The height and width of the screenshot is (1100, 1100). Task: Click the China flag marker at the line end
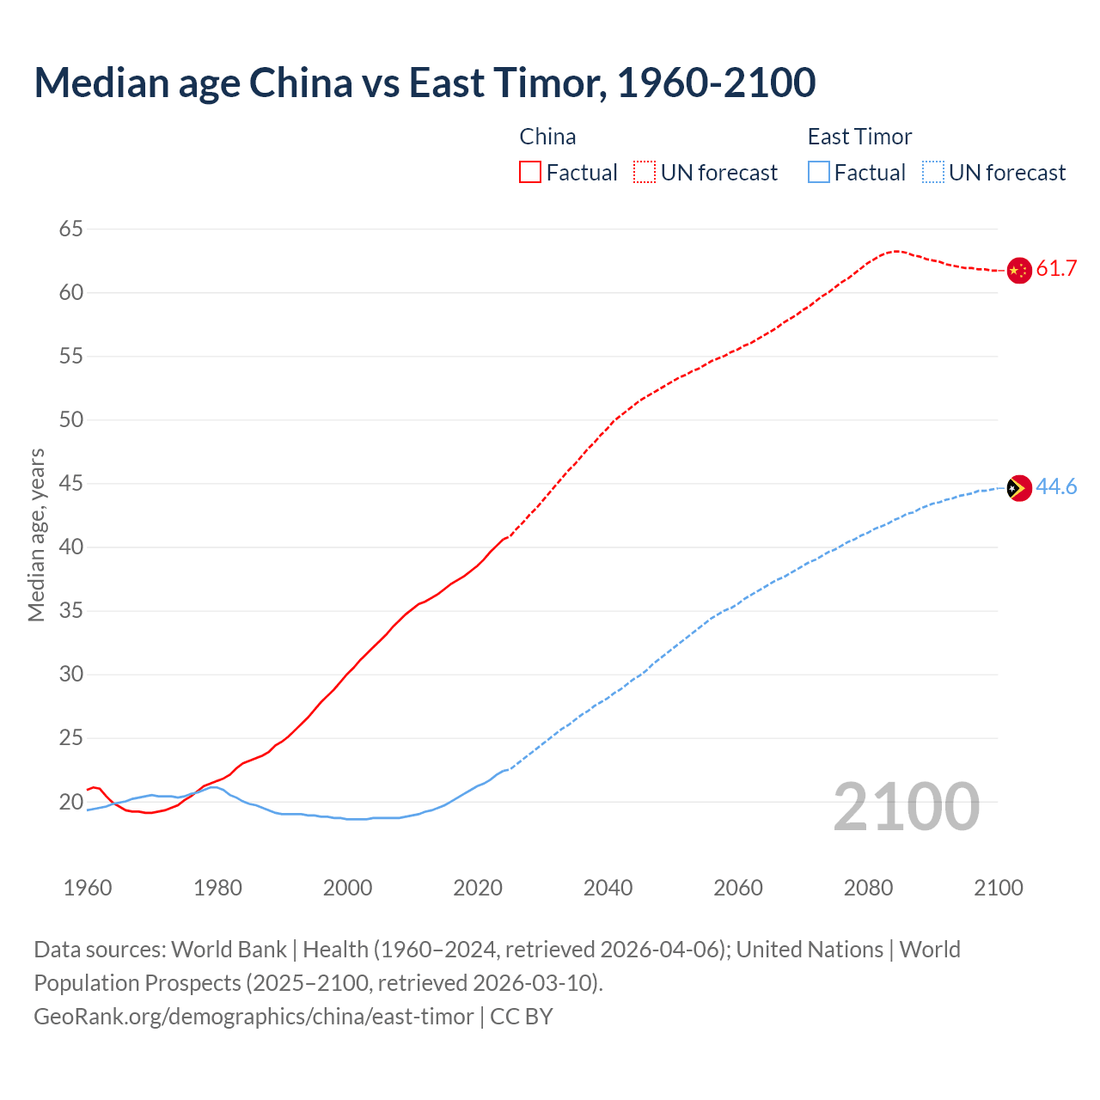1018,270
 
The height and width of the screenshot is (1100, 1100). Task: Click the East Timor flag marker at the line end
1018,488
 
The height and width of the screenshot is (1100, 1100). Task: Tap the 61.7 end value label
1056,269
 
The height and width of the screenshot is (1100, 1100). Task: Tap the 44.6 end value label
1056,487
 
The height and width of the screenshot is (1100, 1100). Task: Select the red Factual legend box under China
530,172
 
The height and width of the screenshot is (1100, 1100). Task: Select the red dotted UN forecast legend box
645,172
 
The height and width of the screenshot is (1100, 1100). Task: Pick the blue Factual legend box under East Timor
819,172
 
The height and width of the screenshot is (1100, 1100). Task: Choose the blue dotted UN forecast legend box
932,172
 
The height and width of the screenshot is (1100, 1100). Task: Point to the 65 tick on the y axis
71,229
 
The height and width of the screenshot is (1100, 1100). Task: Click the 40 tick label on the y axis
71,547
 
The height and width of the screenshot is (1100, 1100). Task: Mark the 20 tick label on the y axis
71,802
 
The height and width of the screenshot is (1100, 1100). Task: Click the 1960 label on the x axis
88,888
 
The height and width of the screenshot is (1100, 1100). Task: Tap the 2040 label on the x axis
608,888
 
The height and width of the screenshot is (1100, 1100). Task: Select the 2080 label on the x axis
868,888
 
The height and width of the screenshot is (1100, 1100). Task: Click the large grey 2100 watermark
907,806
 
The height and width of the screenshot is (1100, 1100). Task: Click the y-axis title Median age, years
36,535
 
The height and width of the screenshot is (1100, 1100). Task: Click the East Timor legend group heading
859,137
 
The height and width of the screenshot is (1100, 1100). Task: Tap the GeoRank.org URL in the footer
254,1017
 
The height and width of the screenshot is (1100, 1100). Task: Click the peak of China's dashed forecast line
895,251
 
